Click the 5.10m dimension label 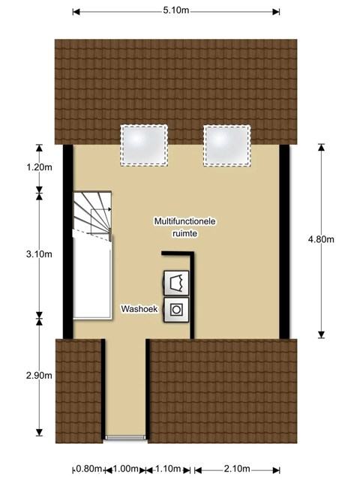pyautogui.click(x=176, y=10)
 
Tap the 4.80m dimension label pyautogui.click(x=321, y=239)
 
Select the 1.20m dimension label pyautogui.click(x=39, y=167)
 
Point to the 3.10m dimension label pyautogui.click(x=39, y=254)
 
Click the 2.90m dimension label pyautogui.click(x=39, y=375)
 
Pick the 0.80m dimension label pyautogui.click(x=88, y=469)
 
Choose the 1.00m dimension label pyautogui.click(x=126, y=469)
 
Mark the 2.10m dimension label pyautogui.click(x=237, y=469)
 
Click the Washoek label pyautogui.click(x=139, y=309)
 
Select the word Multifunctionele pyautogui.click(x=185, y=221)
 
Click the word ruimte pyautogui.click(x=185, y=233)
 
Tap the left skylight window pyautogui.click(x=144, y=145)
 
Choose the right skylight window pyautogui.click(x=226, y=145)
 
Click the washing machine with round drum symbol pyautogui.click(x=176, y=310)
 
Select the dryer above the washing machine pyautogui.click(x=176, y=283)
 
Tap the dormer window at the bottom pyautogui.click(x=125, y=437)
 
